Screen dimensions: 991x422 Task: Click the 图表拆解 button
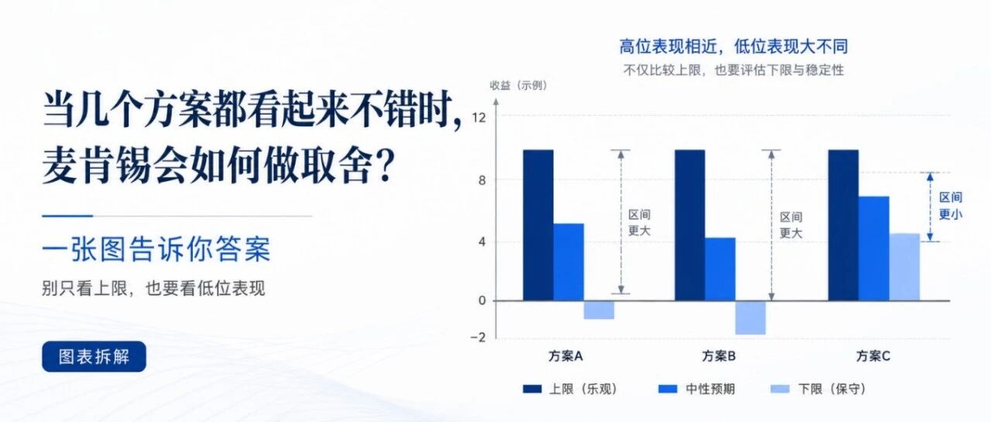pos(94,356)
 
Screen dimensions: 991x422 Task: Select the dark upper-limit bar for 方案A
pos(538,225)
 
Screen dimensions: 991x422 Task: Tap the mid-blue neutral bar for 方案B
pos(720,269)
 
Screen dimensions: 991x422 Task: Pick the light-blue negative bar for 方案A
pos(599,310)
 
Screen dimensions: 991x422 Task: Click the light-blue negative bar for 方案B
pos(751,317)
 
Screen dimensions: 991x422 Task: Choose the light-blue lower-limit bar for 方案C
pos(904,267)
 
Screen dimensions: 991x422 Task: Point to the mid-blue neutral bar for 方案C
pos(874,249)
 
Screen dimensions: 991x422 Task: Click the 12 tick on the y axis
pos(478,118)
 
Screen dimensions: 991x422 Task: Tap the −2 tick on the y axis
pos(478,338)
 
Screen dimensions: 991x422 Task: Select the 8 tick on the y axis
pos(482,180)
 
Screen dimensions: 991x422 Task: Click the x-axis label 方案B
pos(719,356)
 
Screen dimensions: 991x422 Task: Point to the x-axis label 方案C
pos(873,356)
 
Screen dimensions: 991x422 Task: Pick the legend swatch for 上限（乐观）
pos(532,389)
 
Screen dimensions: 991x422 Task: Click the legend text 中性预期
pos(710,389)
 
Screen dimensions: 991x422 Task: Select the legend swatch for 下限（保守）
pos(780,389)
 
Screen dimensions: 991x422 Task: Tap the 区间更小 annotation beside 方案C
pos(951,206)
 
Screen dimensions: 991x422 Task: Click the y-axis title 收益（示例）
pos(519,85)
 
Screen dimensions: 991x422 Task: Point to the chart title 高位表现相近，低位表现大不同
pos(733,46)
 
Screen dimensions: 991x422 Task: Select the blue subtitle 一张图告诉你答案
pos(156,250)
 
